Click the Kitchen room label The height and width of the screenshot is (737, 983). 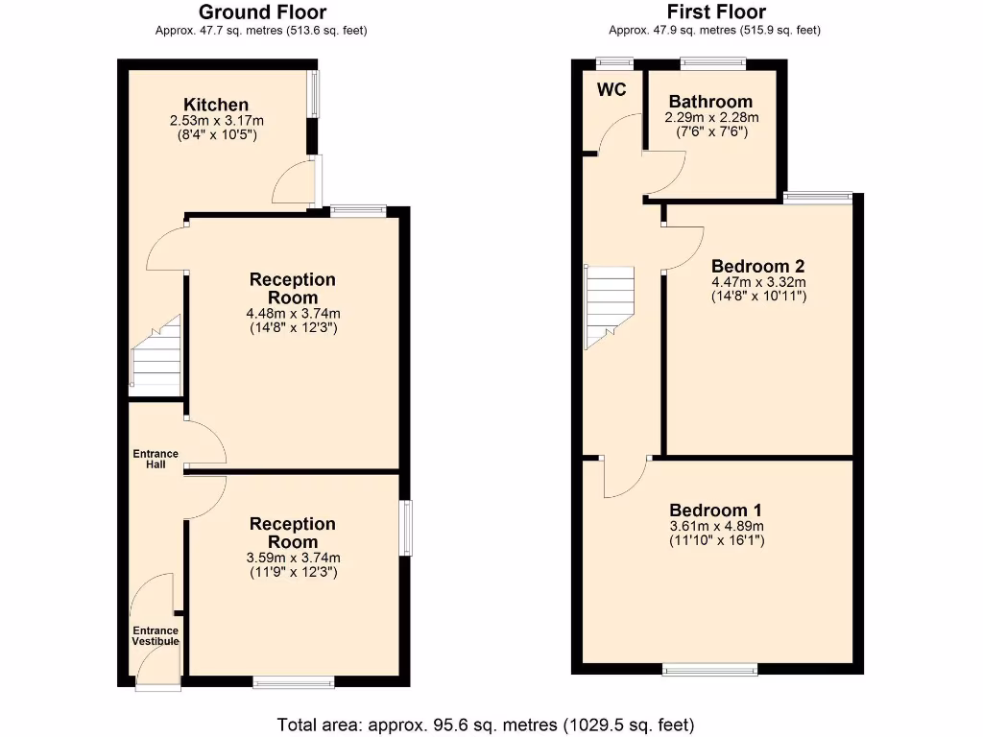(216, 105)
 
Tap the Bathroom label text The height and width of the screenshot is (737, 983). (710, 102)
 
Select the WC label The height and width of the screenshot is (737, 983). (611, 90)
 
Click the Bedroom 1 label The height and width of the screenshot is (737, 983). (716, 510)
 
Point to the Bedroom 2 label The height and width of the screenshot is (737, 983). (757, 266)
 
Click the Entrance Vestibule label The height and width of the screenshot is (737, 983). (155, 635)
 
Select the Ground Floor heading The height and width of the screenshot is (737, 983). (261, 12)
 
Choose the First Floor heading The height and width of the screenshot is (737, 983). (716, 12)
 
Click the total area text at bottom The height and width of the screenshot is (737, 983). (485, 725)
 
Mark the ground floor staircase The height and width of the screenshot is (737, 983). (156, 358)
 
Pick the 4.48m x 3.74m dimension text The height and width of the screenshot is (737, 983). (293, 313)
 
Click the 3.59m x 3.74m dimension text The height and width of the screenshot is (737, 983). (293, 558)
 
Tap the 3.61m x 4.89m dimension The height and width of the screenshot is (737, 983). (716, 526)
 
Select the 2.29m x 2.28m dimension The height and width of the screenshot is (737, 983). (710, 117)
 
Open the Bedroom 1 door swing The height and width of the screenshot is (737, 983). (624, 478)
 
